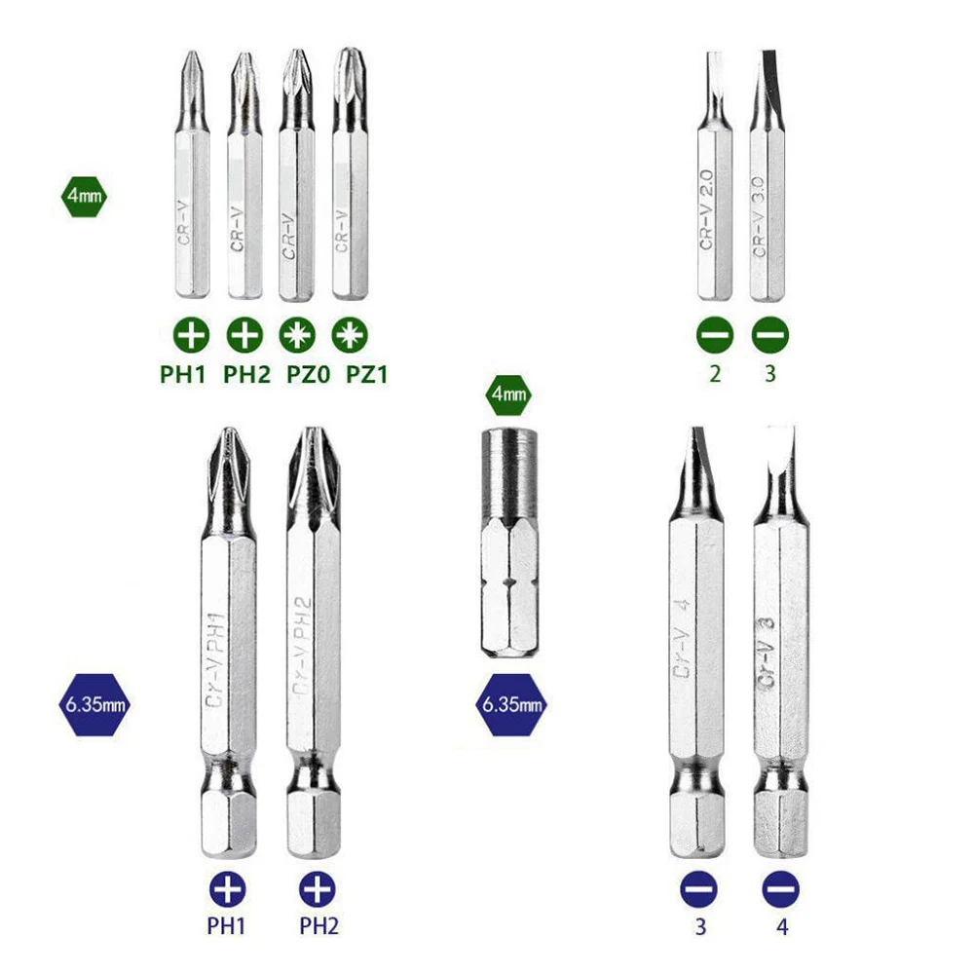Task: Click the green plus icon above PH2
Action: pyautogui.click(x=244, y=336)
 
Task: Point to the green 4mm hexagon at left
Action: pyautogui.click(x=83, y=196)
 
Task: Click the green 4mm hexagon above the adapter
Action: pyautogui.click(x=509, y=395)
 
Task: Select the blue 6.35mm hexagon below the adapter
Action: pyautogui.click(x=509, y=703)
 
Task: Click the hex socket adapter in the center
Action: pyautogui.click(x=509, y=544)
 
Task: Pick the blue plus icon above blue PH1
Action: pyautogui.click(x=229, y=888)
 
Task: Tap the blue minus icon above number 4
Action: pyautogui.click(x=781, y=888)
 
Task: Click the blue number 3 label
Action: pyautogui.click(x=699, y=926)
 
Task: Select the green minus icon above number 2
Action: pyautogui.click(x=715, y=336)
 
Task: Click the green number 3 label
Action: pyautogui.click(x=769, y=374)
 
